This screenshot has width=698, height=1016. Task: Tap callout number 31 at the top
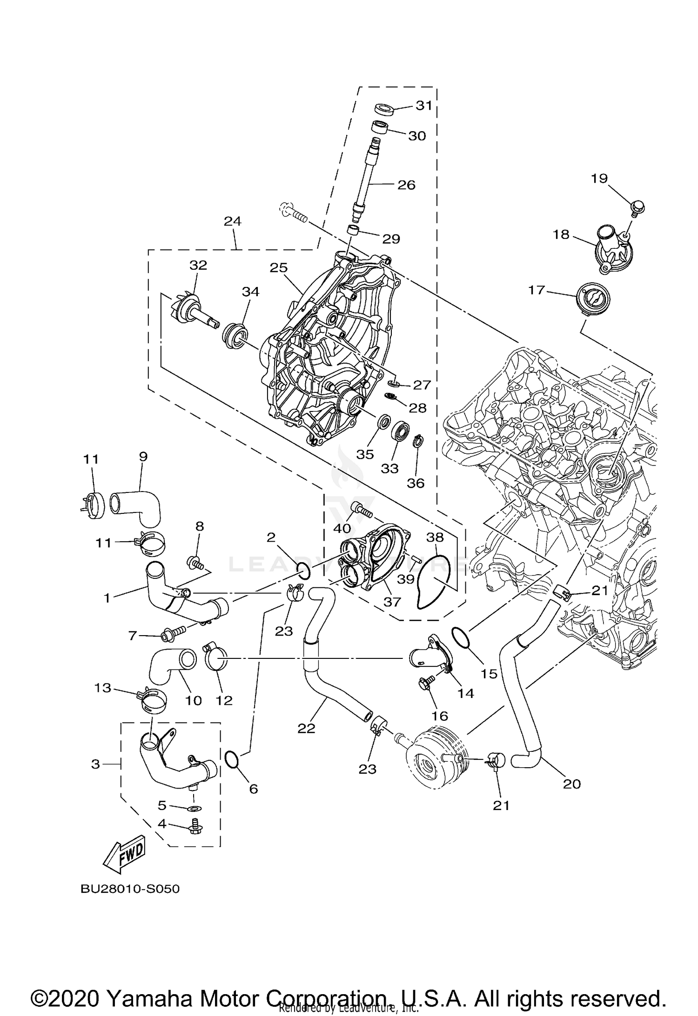(424, 106)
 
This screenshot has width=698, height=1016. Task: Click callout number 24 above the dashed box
(233, 221)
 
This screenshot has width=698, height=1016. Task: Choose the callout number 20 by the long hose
(572, 784)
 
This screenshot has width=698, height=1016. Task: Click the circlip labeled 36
(418, 440)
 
